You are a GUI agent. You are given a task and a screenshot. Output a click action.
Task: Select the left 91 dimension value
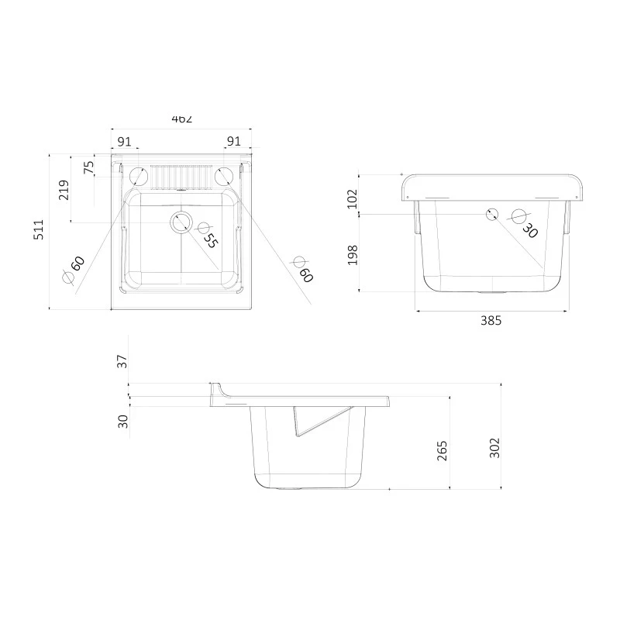[x=123, y=141]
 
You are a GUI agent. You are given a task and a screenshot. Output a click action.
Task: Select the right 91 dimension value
[x=233, y=141]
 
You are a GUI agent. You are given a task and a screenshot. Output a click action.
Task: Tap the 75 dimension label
[x=88, y=166]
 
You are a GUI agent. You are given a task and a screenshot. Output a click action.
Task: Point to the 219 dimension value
[x=64, y=190]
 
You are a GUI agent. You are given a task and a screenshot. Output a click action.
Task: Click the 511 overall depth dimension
[x=38, y=232]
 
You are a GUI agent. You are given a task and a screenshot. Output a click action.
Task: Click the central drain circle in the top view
[x=181, y=222]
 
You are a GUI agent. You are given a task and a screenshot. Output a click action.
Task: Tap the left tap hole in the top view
[x=139, y=175]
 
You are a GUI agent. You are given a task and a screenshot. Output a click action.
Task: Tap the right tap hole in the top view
[x=223, y=176]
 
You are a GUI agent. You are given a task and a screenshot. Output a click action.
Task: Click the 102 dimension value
[x=353, y=198]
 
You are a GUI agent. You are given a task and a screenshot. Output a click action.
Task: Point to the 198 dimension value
[x=353, y=253]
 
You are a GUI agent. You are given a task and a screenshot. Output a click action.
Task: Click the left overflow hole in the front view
[x=491, y=215]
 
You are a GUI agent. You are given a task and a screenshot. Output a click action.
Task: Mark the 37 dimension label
[x=122, y=361]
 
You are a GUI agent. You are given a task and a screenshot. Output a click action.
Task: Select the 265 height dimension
[x=443, y=450]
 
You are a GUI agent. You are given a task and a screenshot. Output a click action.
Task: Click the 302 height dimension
[x=494, y=447]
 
